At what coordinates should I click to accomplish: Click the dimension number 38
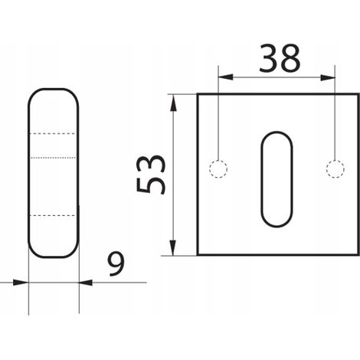tap(280, 58)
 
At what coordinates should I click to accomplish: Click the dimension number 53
tap(150, 174)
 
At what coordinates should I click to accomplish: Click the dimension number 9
tap(116, 263)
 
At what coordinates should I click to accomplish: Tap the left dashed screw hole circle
tap(218, 169)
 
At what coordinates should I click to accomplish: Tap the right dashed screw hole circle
tap(335, 169)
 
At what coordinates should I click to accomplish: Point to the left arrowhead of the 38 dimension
tap(225, 77)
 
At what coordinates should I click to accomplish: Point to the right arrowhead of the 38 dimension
tap(328, 77)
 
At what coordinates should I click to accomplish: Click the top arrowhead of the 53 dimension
tap(173, 103)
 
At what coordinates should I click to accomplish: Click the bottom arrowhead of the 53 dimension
tap(173, 247)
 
